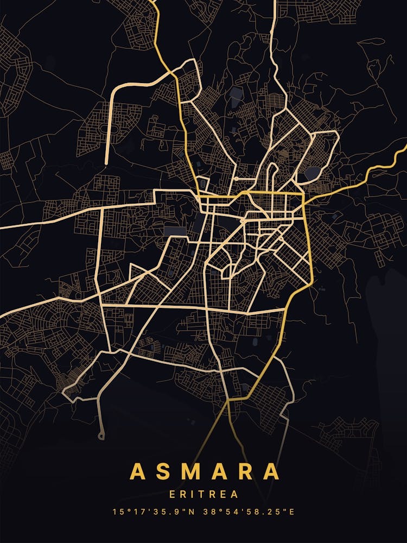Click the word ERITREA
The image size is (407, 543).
(x=203, y=495)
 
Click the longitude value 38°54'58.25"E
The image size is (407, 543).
(x=249, y=512)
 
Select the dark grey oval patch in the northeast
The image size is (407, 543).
(x=312, y=173)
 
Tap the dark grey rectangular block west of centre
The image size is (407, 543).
(x=175, y=231)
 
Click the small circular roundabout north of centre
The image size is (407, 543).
(x=237, y=179)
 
